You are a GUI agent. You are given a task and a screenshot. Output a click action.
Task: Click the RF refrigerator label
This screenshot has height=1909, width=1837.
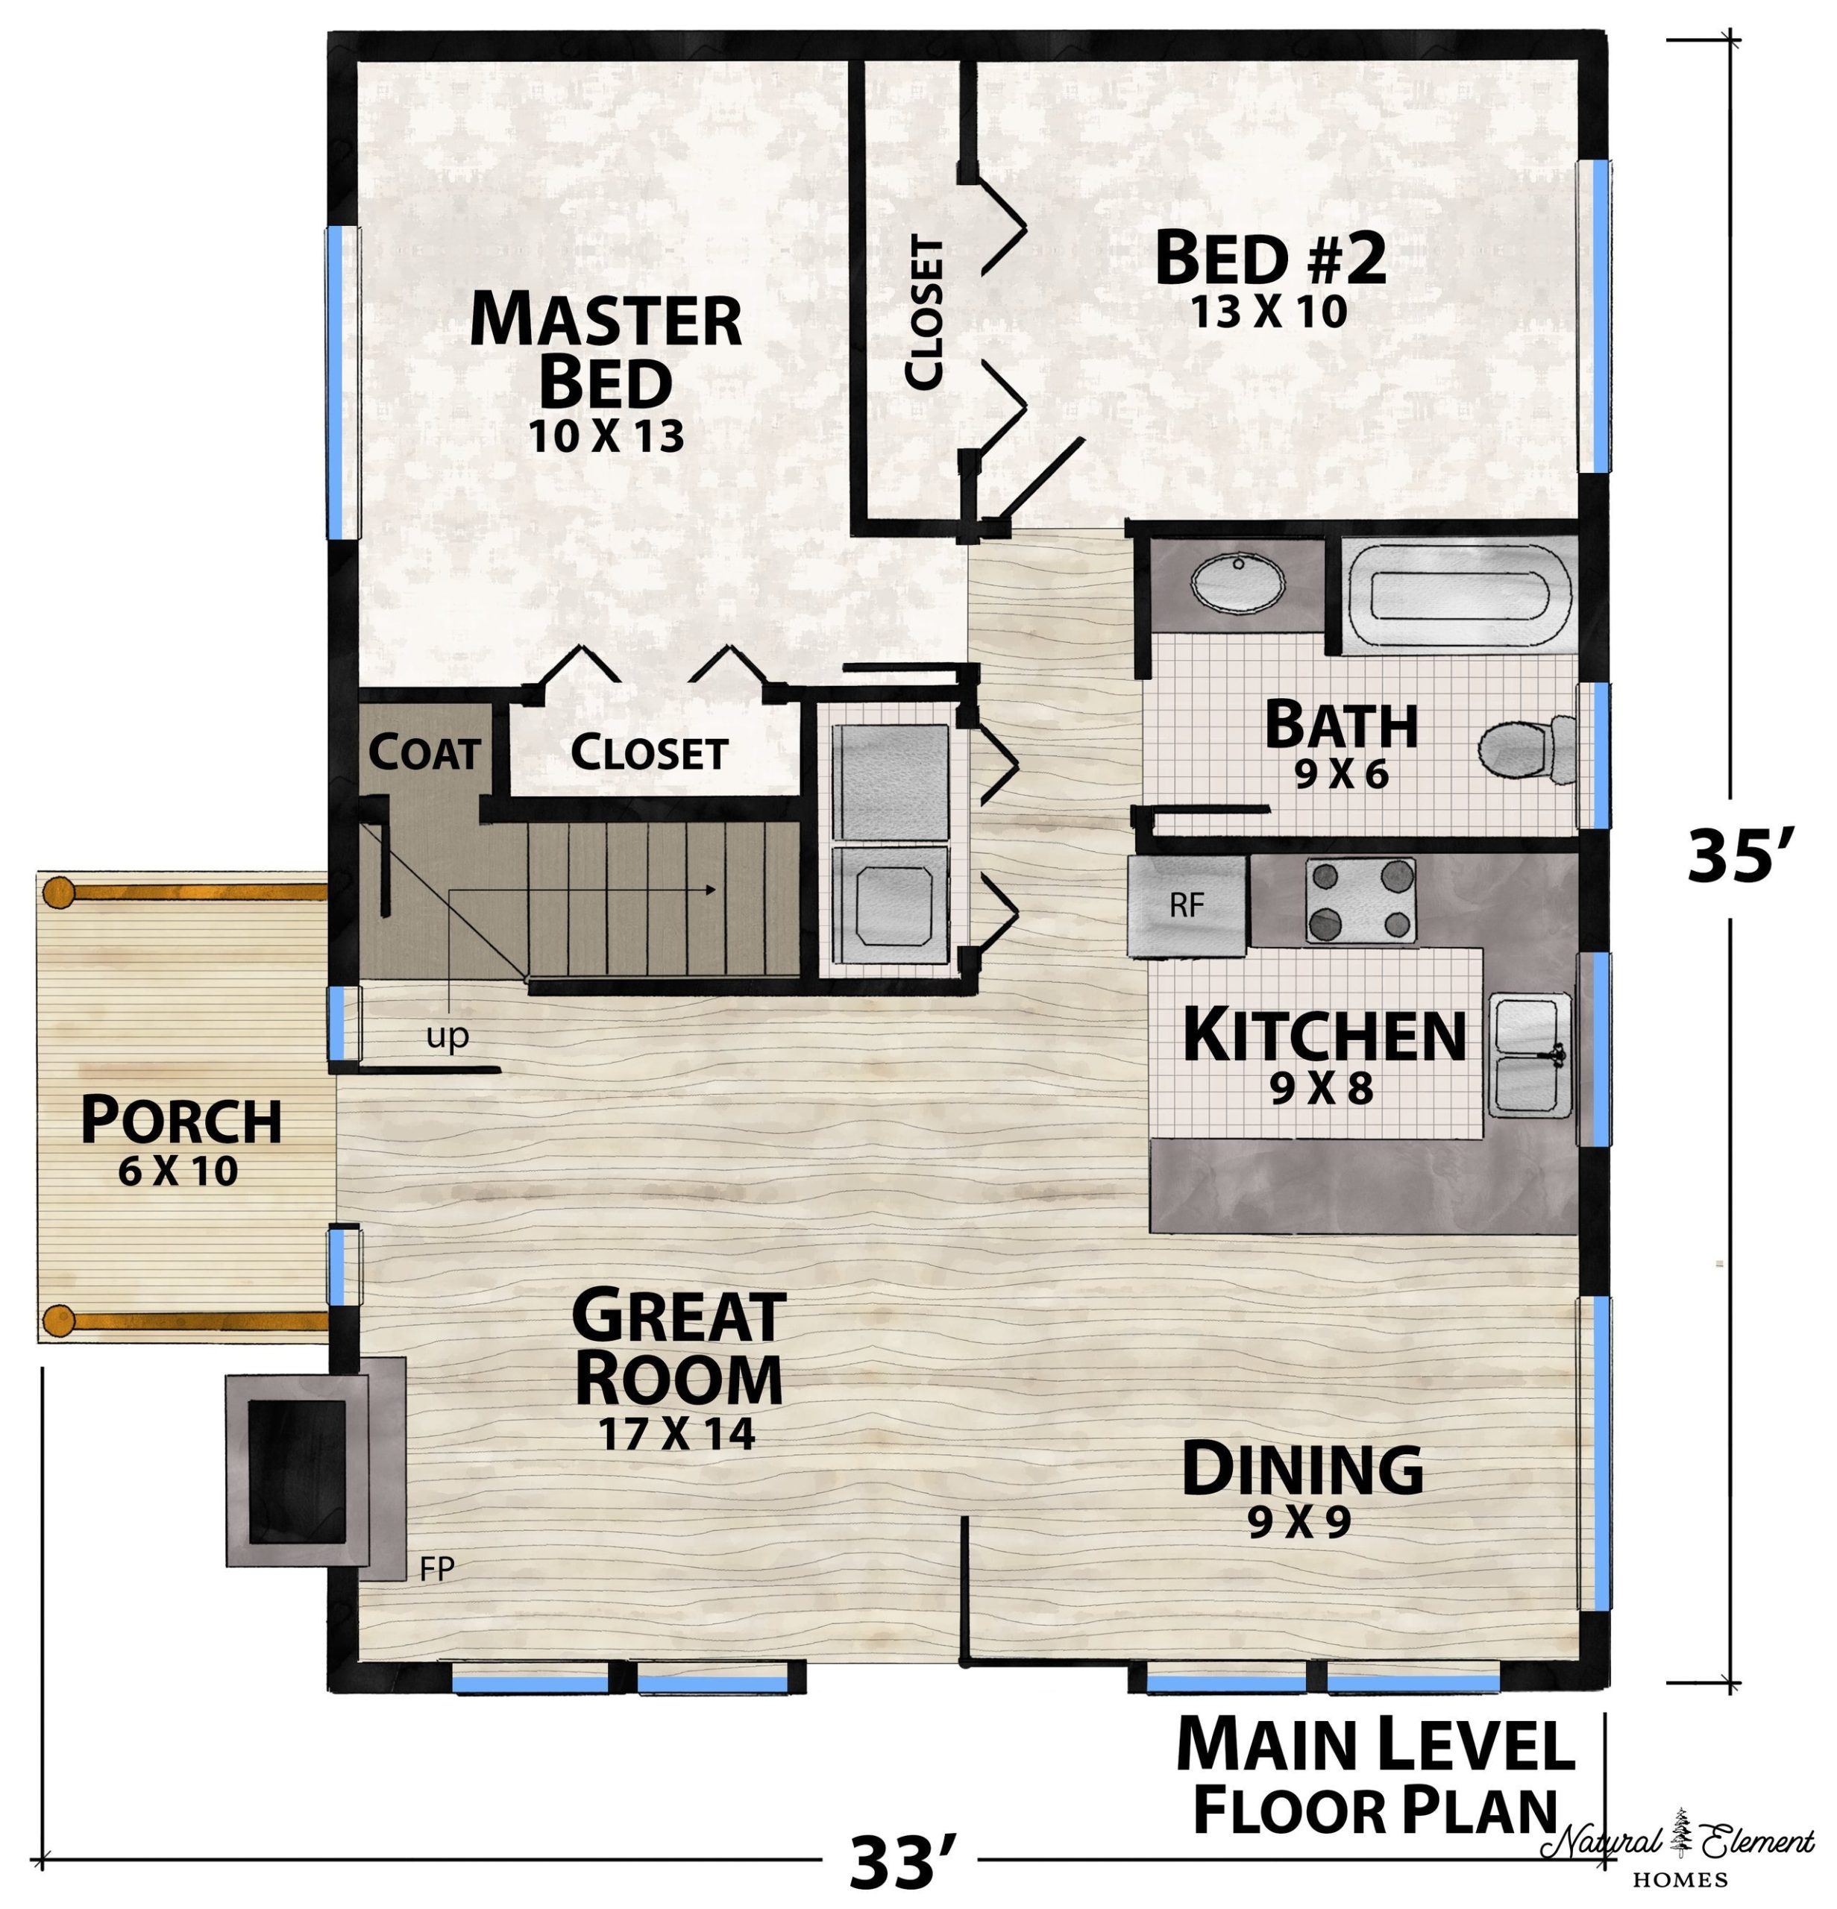pyautogui.click(x=1187, y=905)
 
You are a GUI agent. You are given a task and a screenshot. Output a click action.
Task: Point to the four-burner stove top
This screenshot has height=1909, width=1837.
pyautogui.click(x=1360, y=900)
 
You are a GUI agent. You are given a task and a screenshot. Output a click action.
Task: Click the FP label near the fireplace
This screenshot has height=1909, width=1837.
pyautogui.click(x=436, y=1568)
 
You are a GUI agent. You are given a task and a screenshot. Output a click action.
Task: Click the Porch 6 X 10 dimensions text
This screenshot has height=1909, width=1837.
pyautogui.click(x=178, y=1171)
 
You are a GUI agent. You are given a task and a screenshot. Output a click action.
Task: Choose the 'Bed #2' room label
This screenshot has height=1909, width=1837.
pyautogui.click(x=1270, y=258)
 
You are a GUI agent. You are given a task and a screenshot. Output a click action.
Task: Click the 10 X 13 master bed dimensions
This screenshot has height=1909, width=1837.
pyautogui.click(x=606, y=436)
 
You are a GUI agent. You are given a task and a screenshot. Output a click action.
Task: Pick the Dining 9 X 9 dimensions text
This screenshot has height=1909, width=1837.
pyautogui.click(x=1300, y=1522)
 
